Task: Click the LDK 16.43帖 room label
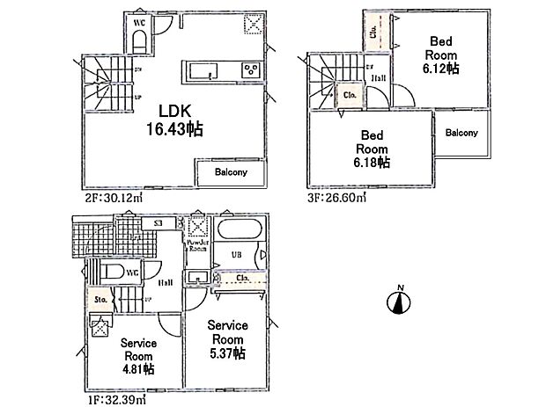click(x=181, y=119)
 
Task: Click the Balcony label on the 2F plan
click(x=231, y=172)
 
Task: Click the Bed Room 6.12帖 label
click(x=441, y=54)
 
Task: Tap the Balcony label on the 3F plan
click(x=461, y=134)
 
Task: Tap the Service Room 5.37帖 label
click(x=226, y=338)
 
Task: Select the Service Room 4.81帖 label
click(x=138, y=355)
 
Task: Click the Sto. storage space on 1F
click(x=100, y=300)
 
